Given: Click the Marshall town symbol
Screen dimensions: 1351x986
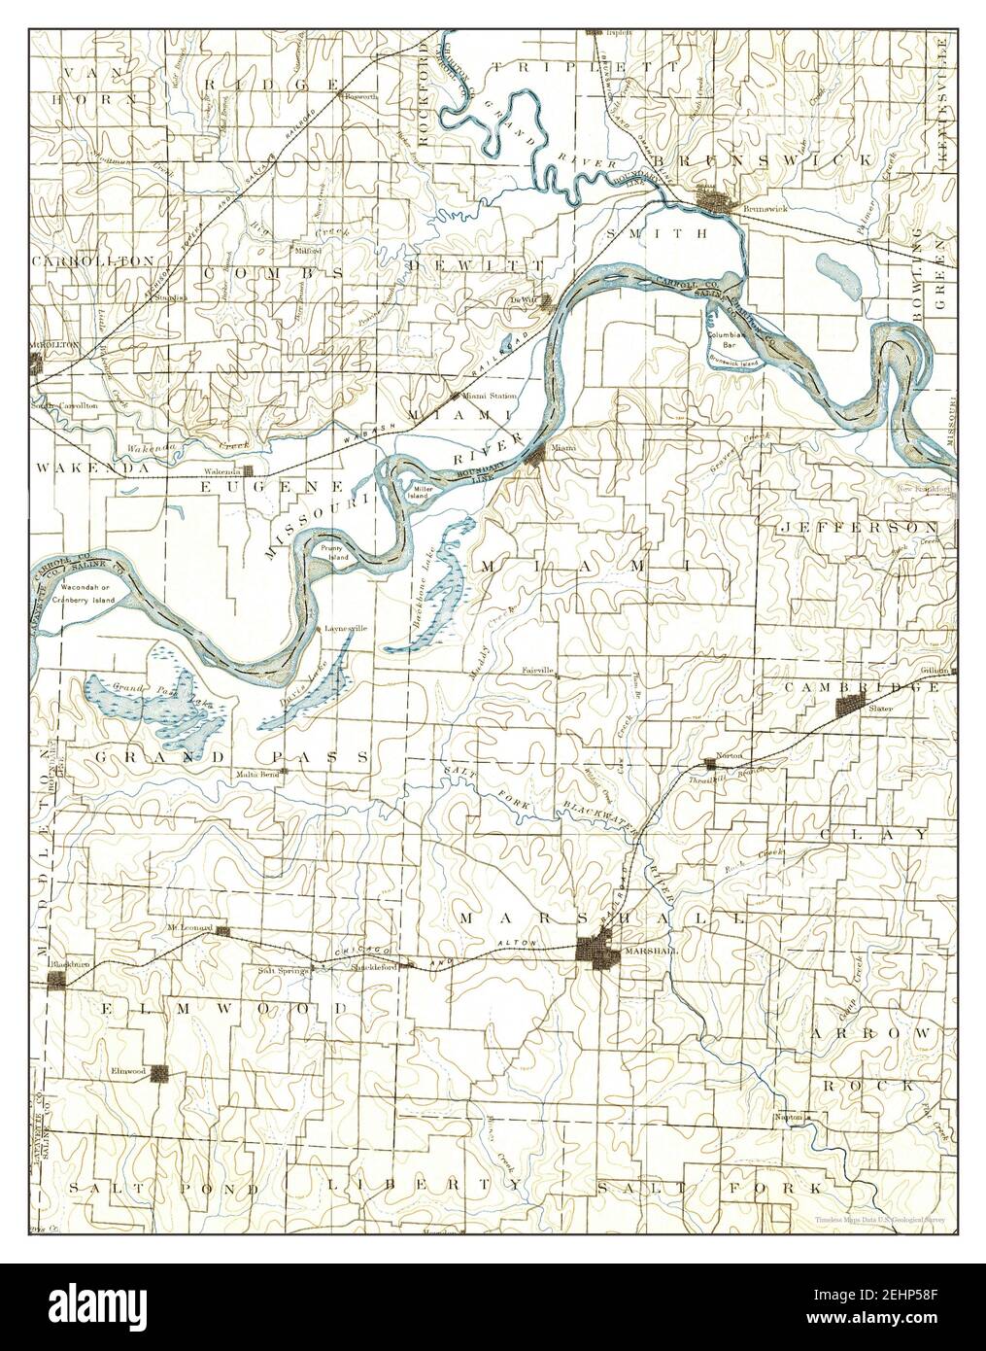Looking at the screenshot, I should pyautogui.click(x=594, y=949).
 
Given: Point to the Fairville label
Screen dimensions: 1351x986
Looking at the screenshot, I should pyautogui.click(x=536, y=671).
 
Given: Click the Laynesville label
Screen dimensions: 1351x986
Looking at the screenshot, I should pyautogui.click(x=347, y=629).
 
